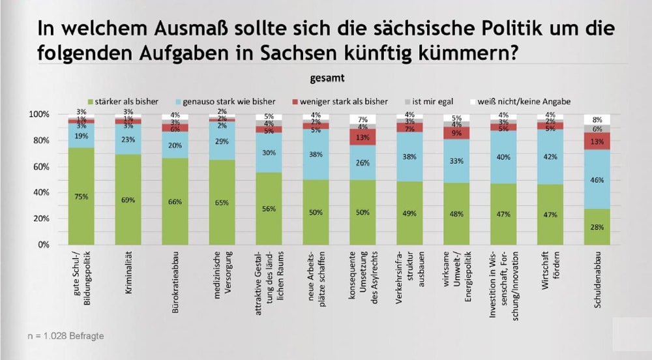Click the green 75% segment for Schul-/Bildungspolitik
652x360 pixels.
pos(81,196)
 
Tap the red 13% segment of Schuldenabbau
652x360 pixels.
pos(597,141)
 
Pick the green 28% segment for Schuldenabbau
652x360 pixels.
pos(597,226)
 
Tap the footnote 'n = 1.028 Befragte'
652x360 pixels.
pos(66,336)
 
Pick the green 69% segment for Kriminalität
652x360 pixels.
pos(128,199)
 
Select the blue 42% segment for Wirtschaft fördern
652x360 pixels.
pos(550,157)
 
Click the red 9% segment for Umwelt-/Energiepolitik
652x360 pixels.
pos(456,133)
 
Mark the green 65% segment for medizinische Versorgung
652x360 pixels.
pos(222,202)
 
